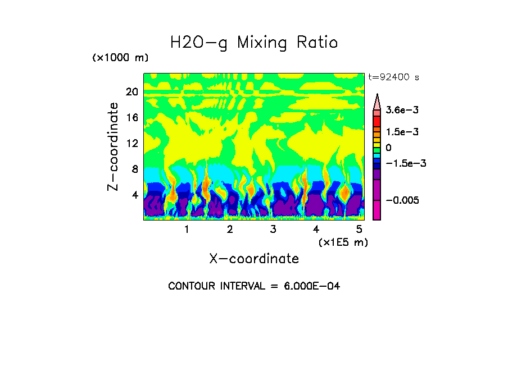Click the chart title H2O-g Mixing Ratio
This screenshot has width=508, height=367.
point(254,43)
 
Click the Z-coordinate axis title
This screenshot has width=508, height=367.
point(114,146)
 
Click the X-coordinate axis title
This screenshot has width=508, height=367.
point(254,259)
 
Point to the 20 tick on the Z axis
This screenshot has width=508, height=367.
point(131,92)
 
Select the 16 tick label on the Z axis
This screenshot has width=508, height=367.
point(131,118)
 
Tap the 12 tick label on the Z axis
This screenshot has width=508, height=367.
point(131,143)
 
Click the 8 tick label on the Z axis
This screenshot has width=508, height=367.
point(134,169)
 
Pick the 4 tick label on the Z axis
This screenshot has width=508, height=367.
point(134,195)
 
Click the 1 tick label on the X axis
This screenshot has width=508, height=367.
point(187,230)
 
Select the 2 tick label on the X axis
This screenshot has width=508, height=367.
point(230,230)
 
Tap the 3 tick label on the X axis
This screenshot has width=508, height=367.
point(273,230)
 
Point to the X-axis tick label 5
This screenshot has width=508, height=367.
point(359,230)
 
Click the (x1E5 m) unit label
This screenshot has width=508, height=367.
point(343,242)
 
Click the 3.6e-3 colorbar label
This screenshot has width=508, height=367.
point(401,111)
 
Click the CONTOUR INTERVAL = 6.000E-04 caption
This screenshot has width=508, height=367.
point(254,286)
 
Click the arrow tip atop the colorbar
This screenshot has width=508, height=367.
point(377,96)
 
